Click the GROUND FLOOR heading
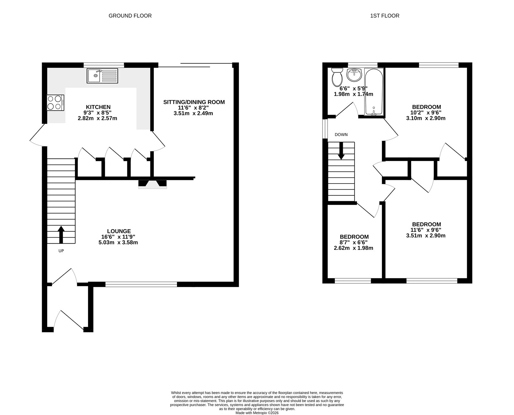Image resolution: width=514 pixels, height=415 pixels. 130,16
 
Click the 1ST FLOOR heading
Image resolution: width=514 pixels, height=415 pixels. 385,16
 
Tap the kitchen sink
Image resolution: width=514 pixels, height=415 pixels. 102,76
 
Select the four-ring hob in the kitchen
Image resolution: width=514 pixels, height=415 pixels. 56,103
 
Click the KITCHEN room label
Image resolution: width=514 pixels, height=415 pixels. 98,107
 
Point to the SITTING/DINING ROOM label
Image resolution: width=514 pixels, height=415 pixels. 194,102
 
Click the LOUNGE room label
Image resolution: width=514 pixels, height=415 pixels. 119,231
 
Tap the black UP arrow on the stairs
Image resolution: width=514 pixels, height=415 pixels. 61,234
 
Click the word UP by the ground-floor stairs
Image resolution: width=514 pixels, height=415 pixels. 61,251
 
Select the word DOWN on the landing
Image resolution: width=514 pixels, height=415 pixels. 341,135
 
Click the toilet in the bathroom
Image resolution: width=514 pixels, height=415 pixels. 337,76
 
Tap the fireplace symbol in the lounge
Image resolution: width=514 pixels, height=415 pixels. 153,184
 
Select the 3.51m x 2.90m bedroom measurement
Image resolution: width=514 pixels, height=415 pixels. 426,236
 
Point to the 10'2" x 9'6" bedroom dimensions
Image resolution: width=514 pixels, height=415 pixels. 426,113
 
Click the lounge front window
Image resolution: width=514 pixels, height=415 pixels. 141,284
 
